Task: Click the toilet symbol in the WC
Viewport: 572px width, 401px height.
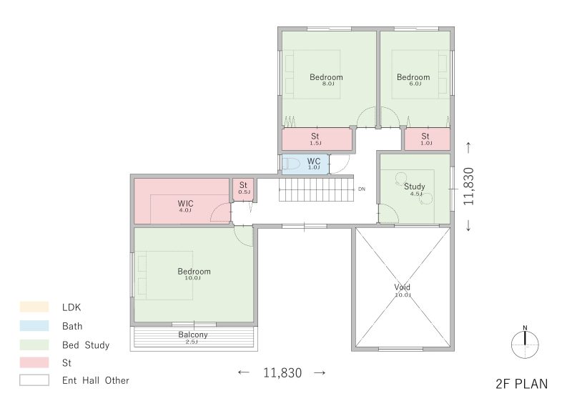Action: coord(291,164)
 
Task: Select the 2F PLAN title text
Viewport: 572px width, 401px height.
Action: coord(522,384)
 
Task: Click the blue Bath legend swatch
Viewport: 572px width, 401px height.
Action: coord(34,325)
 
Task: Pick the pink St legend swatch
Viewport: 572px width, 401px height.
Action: coord(34,362)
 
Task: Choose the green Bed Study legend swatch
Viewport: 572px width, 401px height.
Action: coord(34,345)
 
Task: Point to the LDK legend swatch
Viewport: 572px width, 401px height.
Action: coord(34,307)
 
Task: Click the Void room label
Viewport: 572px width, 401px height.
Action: coord(403,287)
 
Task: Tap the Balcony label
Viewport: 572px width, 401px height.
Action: coord(193,335)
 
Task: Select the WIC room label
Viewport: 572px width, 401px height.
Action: coord(185,204)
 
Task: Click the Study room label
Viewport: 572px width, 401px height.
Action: coord(415,187)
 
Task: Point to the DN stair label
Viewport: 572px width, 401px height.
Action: coord(362,189)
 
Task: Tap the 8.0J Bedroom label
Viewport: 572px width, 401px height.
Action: coord(326,77)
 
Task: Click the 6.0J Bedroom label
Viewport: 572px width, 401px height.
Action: coord(413,77)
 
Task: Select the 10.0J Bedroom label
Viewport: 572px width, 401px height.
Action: coord(194,272)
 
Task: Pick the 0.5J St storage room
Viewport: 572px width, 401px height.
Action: coord(243,189)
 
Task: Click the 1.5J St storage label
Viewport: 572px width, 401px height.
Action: coord(315,137)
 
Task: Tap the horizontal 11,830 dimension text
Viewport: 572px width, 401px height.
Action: coord(282,372)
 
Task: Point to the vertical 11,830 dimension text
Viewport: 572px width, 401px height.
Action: coord(468,187)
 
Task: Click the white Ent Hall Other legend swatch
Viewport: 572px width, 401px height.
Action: coord(34,380)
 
